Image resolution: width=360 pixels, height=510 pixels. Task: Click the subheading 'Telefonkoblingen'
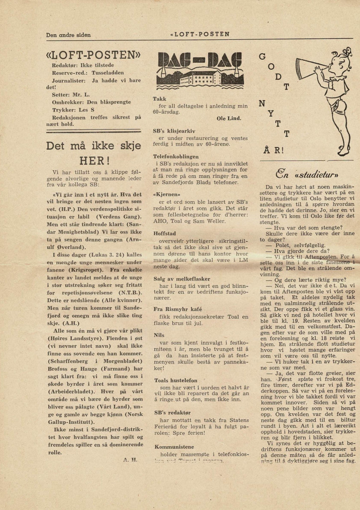click(x=176, y=156)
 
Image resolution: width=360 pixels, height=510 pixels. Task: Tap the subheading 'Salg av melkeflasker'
click(x=181, y=278)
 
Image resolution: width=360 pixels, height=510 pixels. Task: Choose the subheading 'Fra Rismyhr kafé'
click(x=177, y=309)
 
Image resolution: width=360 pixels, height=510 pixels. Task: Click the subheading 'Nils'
click(x=159, y=335)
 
